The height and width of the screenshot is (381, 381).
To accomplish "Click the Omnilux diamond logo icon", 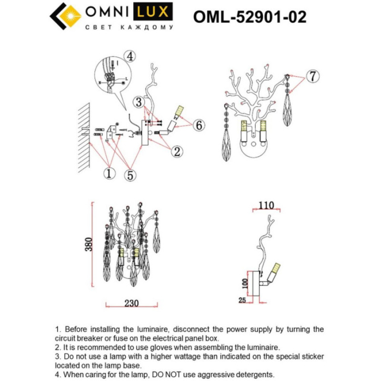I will coord(65,16).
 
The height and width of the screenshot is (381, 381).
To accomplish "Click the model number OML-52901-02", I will coord(250,17).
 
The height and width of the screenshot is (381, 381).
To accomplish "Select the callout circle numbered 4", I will coord(129,56).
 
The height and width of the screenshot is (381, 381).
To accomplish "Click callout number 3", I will coord(139,102).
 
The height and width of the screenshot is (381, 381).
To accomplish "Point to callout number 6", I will coord(199,125).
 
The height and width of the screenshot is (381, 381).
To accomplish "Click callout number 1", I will coord(109,174).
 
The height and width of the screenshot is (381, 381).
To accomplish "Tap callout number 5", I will coord(131,175).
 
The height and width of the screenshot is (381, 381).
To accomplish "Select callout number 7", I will coord(311,77).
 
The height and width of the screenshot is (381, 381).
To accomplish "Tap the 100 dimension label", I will coord(245,284).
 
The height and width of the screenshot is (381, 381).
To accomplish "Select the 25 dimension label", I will coord(243,299).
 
